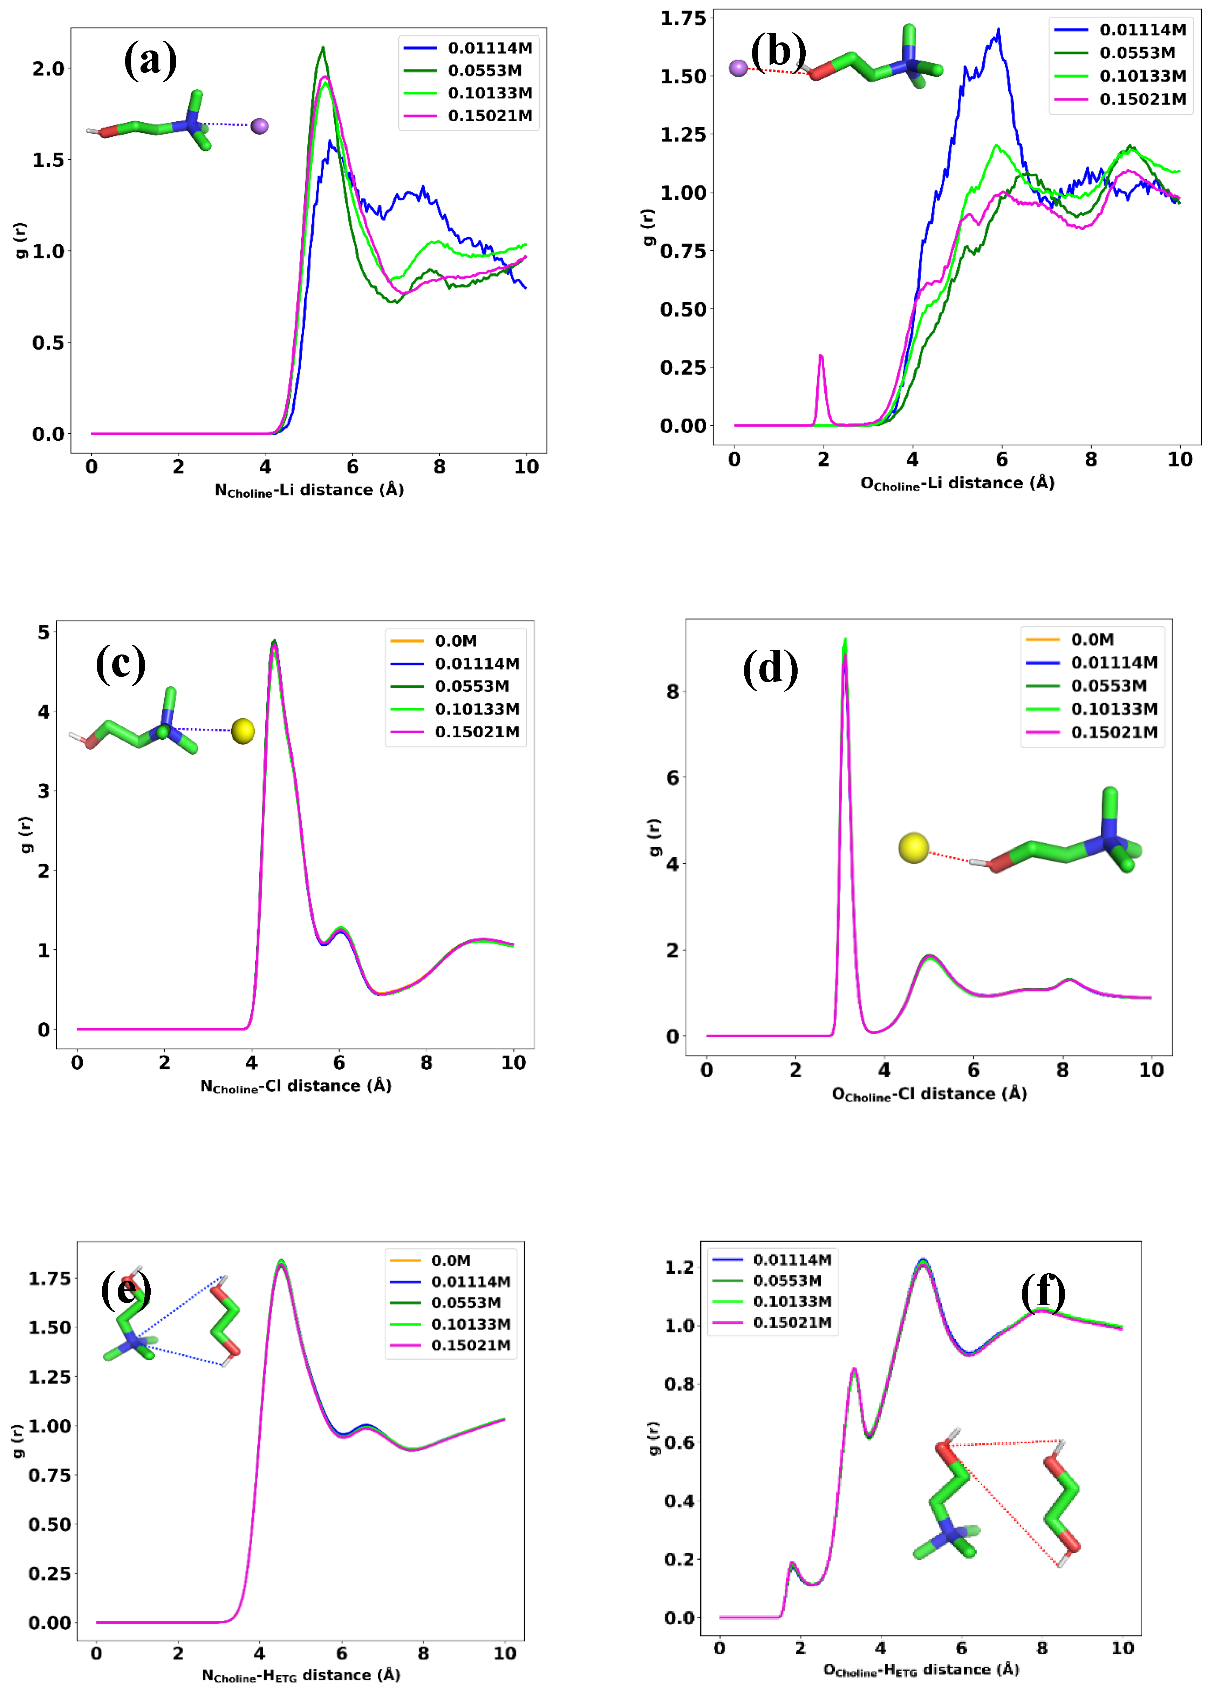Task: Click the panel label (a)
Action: pyautogui.click(x=150, y=60)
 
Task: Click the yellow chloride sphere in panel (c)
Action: pyautogui.click(x=243, y=731)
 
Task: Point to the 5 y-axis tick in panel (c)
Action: pyautogui.click(x=44, y=632)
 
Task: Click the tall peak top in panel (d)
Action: pyautogui.click(x=845, y=641)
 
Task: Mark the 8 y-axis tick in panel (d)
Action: pyautogui.click(x=673, y=692)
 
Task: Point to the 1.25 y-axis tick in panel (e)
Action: pyautogui.click(x=49, y=1377)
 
